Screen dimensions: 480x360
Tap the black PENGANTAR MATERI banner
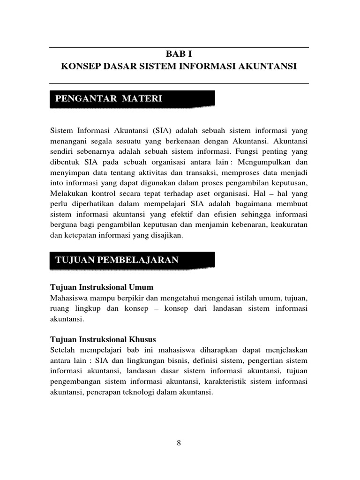[x=133, y=98]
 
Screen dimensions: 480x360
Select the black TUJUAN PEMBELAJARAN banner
[x=133, y=260]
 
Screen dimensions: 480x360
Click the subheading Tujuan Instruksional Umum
[x=102, y=287]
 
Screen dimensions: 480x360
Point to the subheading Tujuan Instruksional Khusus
[x=103, y=339]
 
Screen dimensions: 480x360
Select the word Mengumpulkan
[x=265, y=162]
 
